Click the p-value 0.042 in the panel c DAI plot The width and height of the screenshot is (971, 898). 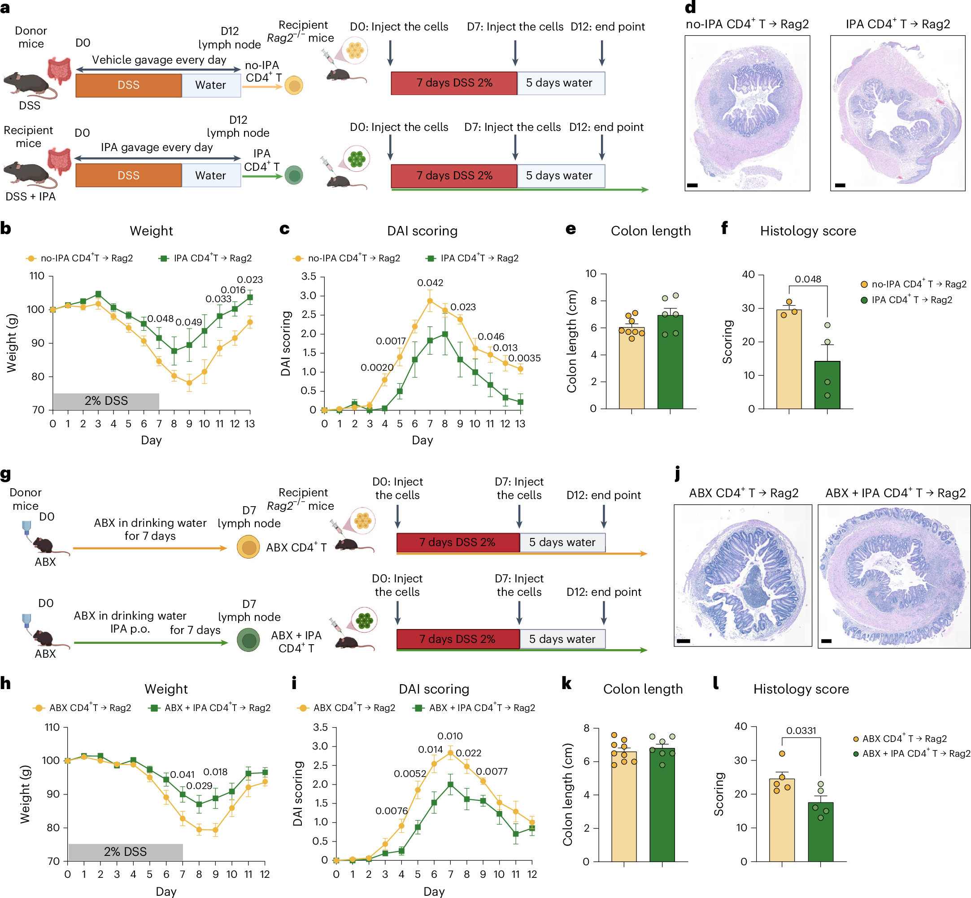430,283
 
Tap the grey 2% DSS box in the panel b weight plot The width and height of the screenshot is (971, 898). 106,401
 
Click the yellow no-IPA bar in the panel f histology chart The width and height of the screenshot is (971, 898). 788,360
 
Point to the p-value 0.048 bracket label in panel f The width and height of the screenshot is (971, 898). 807,279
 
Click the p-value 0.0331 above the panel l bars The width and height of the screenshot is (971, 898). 801,731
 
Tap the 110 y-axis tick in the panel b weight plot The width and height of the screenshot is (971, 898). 37,276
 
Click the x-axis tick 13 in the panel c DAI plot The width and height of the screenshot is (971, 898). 520,424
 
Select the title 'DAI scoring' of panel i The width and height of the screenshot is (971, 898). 434,689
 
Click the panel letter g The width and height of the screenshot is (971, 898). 6,474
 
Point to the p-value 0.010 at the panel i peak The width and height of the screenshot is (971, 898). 449,736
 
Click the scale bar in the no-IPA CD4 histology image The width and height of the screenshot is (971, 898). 692,185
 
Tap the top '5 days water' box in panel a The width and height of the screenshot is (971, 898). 560,83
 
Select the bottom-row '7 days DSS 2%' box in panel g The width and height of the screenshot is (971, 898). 457,639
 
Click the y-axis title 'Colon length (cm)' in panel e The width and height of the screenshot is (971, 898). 571,341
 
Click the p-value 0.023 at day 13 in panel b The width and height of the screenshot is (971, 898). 249,280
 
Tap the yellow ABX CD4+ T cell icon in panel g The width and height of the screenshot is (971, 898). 248,547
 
